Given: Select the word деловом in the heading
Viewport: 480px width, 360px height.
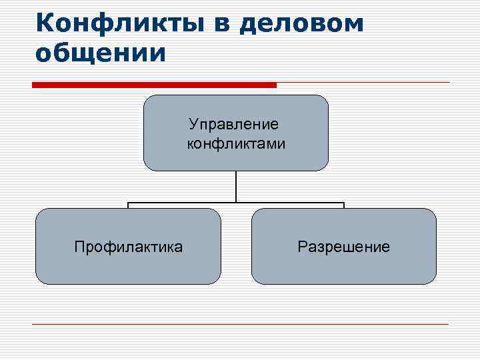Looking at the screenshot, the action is pyautogui.click(x=302, y=24).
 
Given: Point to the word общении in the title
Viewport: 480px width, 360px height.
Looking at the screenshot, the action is pyautogui.click(x=100, y=53).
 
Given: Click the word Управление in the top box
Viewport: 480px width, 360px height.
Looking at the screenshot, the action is pyautogui.click(x=234, y=124).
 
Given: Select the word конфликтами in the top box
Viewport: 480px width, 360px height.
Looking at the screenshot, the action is pyautogui.click(x=236, y=143).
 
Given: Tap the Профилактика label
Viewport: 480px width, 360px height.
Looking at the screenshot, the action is pyautogui.click(x=128, y=247).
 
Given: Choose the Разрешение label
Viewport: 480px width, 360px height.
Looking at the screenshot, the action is pyautogui.click(x=343, y=247).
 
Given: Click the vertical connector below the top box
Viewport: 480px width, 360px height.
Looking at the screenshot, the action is pyautogui.click(x=236, y=187).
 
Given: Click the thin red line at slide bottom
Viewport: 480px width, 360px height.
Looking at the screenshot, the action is pyautogui.click(x=240, y=324).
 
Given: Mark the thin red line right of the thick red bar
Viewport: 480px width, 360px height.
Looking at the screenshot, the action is pyautogui.click(x=363, y=83).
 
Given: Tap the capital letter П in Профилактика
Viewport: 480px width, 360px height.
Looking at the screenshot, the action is pyautogui.click(x=79, y=247).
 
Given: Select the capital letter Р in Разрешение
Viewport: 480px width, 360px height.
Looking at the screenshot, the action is pyautogui.click(x=302, y=247).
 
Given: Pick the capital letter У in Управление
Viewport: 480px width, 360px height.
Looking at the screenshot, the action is pyautogui.click(x=193, y=124).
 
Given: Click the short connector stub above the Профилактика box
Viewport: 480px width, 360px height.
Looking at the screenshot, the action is pyautogui.click(x=128, y=205).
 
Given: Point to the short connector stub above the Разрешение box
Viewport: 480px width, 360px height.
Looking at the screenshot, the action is pyautogui.click(x=344, y=205).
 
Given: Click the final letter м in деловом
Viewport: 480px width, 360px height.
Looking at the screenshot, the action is pyautogui.click(x=354, y=25).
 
